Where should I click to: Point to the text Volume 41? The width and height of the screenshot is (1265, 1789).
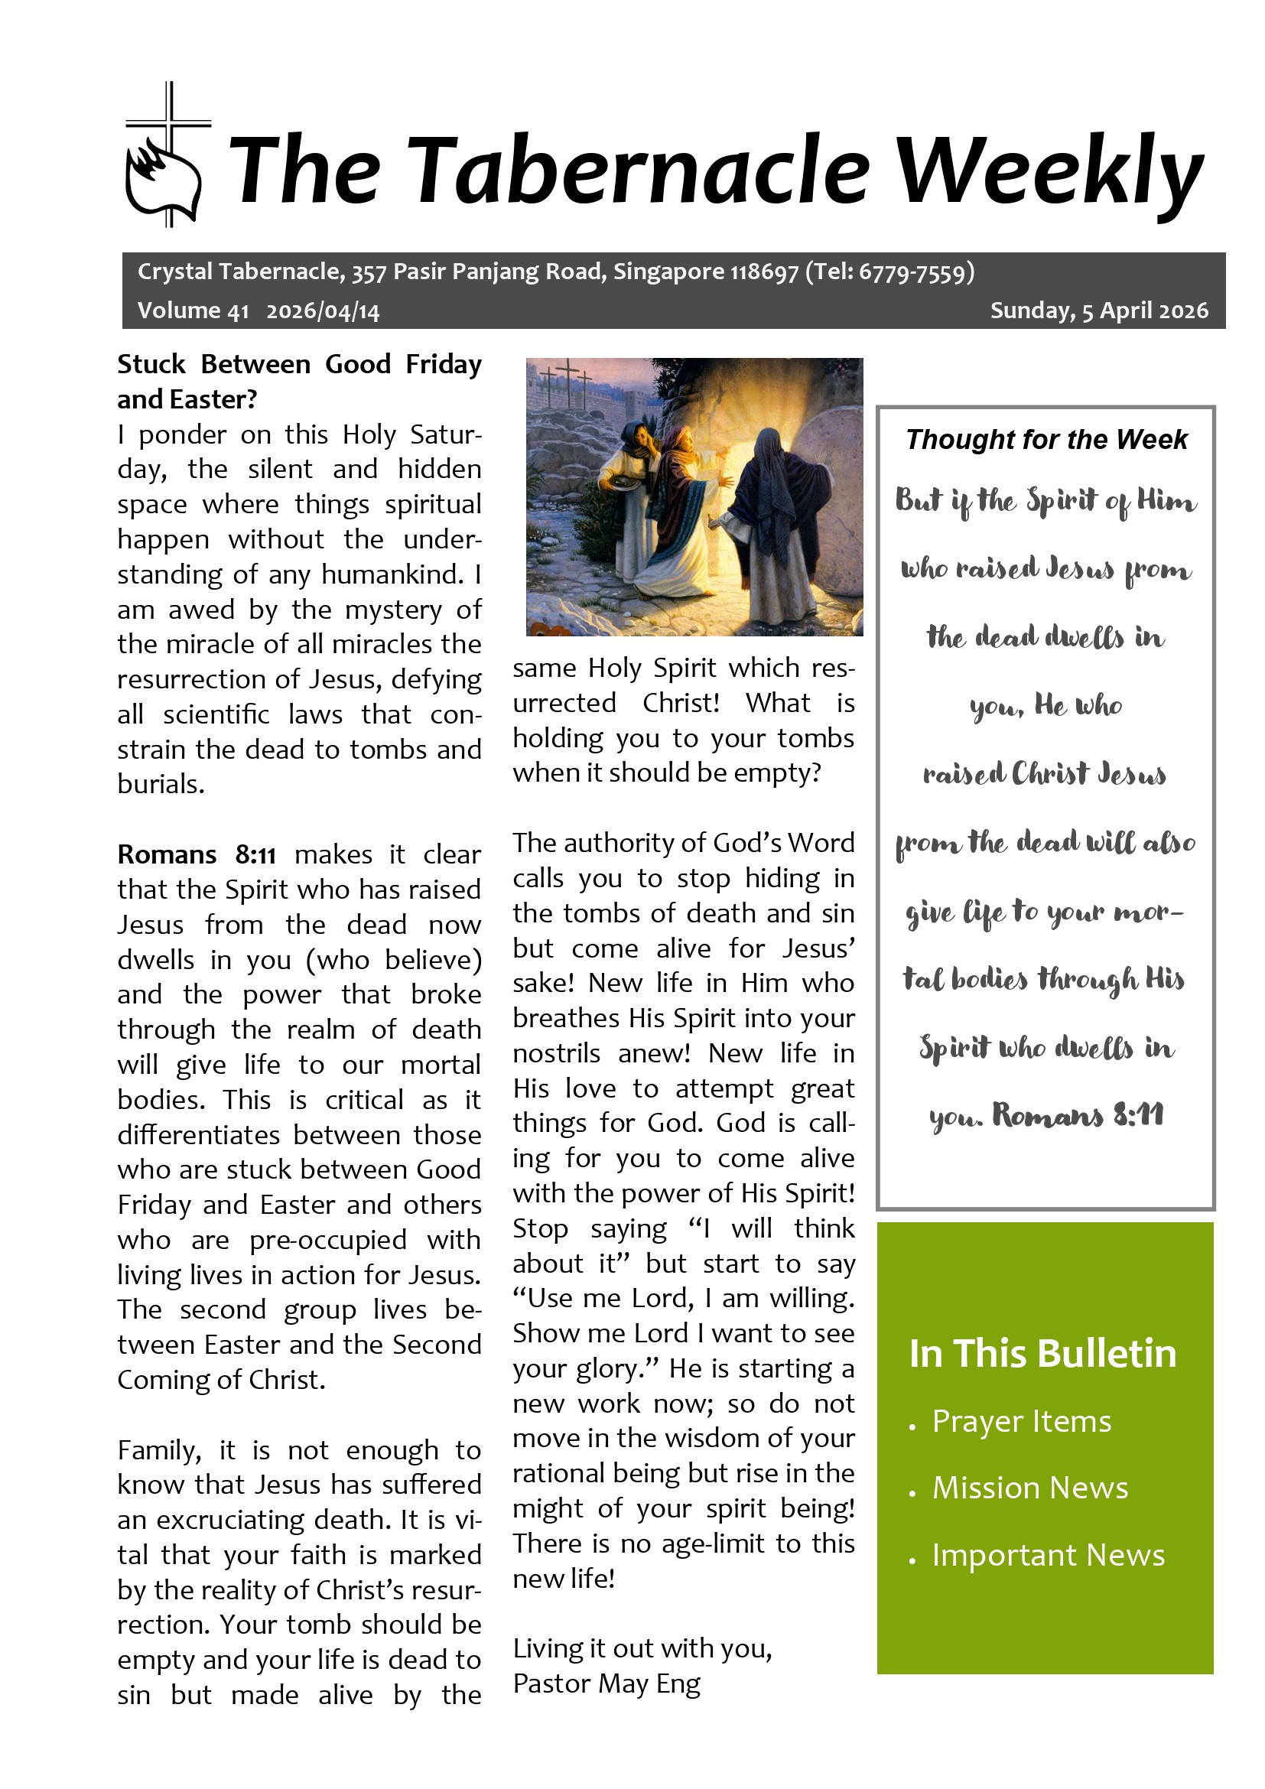click(193, 311)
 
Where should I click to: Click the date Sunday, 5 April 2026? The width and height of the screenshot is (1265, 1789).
click(1098, 311)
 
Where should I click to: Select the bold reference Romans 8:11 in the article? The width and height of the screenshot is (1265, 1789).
click(197, 855)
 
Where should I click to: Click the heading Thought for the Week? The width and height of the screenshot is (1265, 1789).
click(1046, 440)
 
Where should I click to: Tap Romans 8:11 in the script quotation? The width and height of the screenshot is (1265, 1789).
click(1078, 1116)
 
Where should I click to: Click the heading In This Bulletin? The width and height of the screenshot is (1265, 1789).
click(1042, 1355)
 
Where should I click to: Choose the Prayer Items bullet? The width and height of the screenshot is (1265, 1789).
click(1021, 1422)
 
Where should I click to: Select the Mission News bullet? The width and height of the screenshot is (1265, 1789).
click(1029, 1488)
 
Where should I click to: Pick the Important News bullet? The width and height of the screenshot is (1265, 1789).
click(1048, 1555)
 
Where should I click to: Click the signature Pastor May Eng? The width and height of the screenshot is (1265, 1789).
click(606, 1683)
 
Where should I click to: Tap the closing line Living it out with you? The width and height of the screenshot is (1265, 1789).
click(642, 1648)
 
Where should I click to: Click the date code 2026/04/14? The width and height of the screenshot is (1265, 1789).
click(323, 311)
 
